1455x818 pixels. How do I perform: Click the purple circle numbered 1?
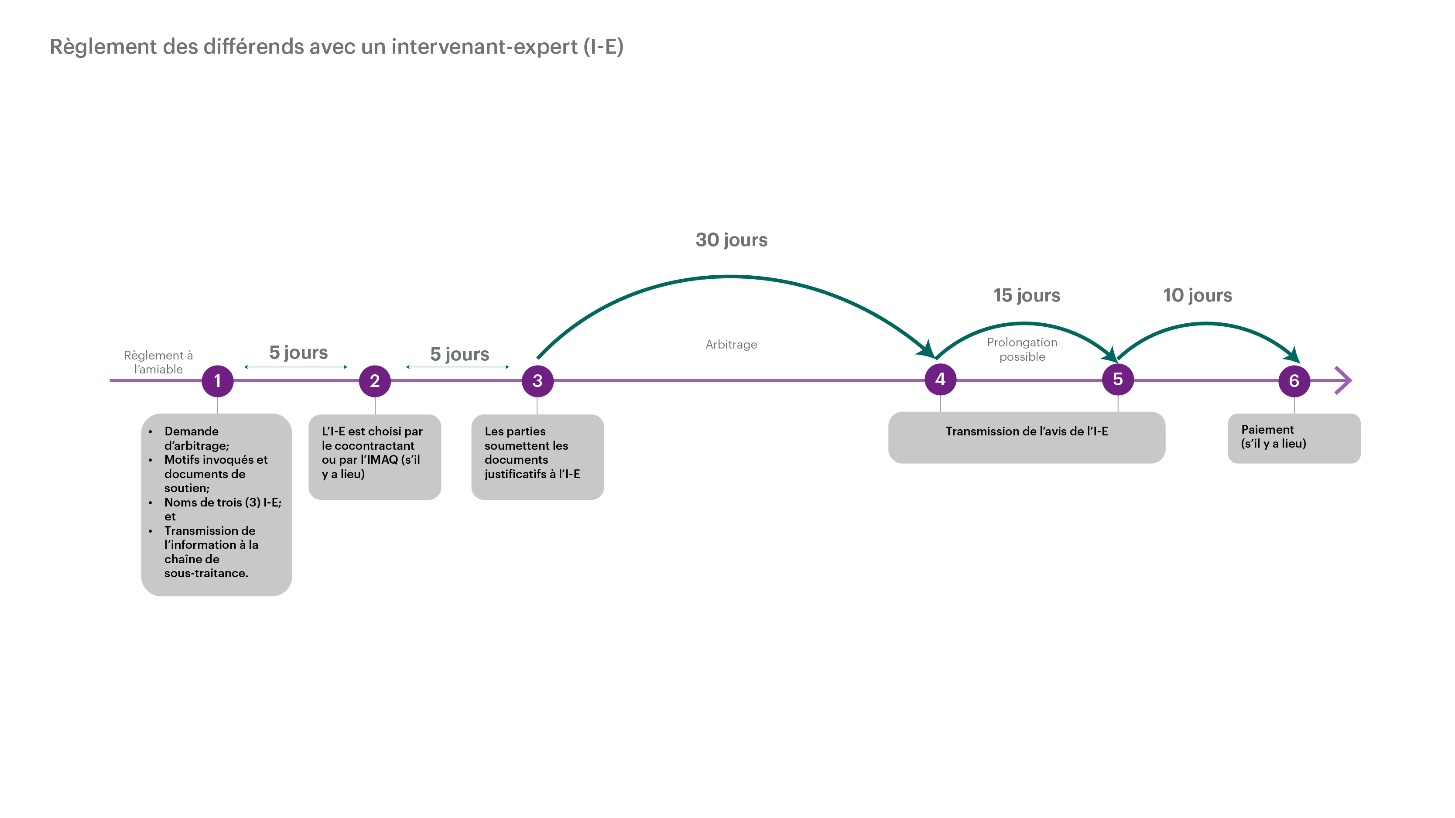click(x=217, y=381)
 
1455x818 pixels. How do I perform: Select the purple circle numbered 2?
click(x=374, y=381)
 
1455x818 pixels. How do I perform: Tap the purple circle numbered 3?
click(x=537, y=381)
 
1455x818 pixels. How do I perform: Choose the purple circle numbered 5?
click(x=1118, y=379)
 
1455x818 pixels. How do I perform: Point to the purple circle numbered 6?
click(x=1294, y=381)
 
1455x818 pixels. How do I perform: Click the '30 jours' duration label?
click(x=732, y=240)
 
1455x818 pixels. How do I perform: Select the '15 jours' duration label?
click(x=1027, y=295)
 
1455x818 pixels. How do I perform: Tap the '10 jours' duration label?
click(x=1198, y=295)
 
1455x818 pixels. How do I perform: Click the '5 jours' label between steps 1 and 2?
click(x=298, y=353)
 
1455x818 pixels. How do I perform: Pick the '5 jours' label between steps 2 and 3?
click(x=460, y=354)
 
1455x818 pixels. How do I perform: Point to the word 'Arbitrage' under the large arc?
click(x=732, y=345)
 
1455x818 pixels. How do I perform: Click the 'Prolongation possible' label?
click(x=1022, y=349)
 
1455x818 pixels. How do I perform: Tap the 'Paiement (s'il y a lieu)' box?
click(x=1294, y=438)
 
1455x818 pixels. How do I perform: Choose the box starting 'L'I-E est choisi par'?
click(x=374, y=457)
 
